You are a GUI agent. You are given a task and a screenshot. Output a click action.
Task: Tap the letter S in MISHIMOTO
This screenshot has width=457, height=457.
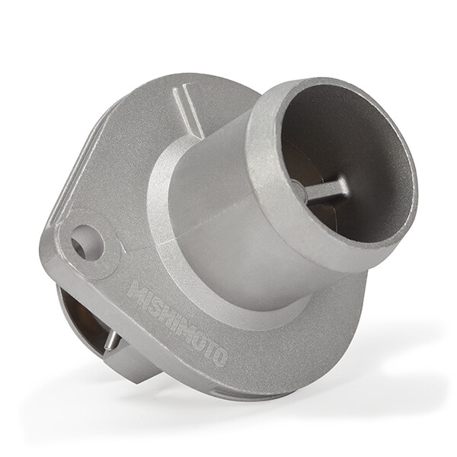[x=157, y=306]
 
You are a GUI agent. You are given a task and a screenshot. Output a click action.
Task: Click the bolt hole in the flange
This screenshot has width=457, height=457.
[x=87, y=242]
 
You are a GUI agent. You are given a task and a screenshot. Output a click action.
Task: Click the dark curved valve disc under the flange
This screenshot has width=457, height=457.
[x=76, y=312]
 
